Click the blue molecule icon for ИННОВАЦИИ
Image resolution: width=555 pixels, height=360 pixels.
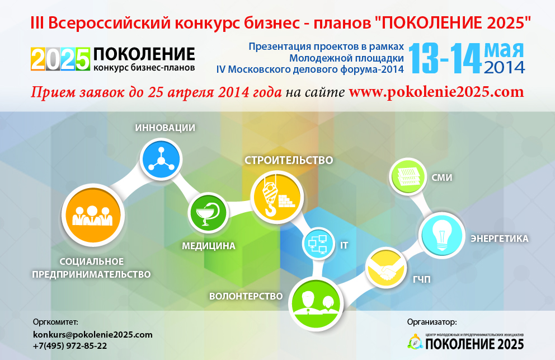coord(161,159)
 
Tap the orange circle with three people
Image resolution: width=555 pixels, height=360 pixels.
coord(93,215)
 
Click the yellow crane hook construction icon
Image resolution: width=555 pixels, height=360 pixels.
coord(277,197)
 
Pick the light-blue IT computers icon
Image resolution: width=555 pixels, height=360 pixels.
coord(318,244)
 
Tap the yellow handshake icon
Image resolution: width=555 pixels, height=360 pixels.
coord(386,268)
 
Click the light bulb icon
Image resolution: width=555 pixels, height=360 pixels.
coord(442,235)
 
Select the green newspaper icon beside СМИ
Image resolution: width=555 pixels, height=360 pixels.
coord(408,176)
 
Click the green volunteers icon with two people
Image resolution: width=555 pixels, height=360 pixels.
coord(316,303)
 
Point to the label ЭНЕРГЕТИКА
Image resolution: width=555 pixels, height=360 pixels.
coord(500,239)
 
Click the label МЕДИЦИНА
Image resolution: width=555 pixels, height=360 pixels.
coord(209,246)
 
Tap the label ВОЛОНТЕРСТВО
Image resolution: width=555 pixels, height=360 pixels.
coord(246,296)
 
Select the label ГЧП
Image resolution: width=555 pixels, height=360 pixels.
coord(422,279)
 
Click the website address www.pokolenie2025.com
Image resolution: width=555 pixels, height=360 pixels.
coord(436,92)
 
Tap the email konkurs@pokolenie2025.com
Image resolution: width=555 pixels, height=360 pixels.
coord(93,335)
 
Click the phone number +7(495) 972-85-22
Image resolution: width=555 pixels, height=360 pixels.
coord(70,346)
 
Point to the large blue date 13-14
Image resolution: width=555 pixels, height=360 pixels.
coord(445,58)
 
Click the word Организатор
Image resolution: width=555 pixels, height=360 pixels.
coord(432,322)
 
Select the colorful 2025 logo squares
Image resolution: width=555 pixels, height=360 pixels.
coord(60,59)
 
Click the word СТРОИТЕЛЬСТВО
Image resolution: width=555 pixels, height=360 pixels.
coord(289,160)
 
